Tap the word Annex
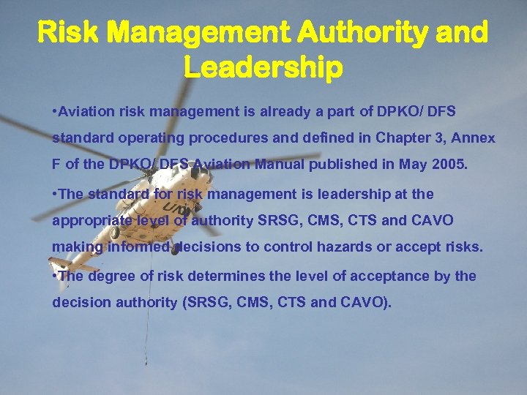[475, 138]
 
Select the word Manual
[281, 164]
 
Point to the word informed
[138, 247]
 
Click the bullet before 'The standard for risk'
[56, 194]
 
